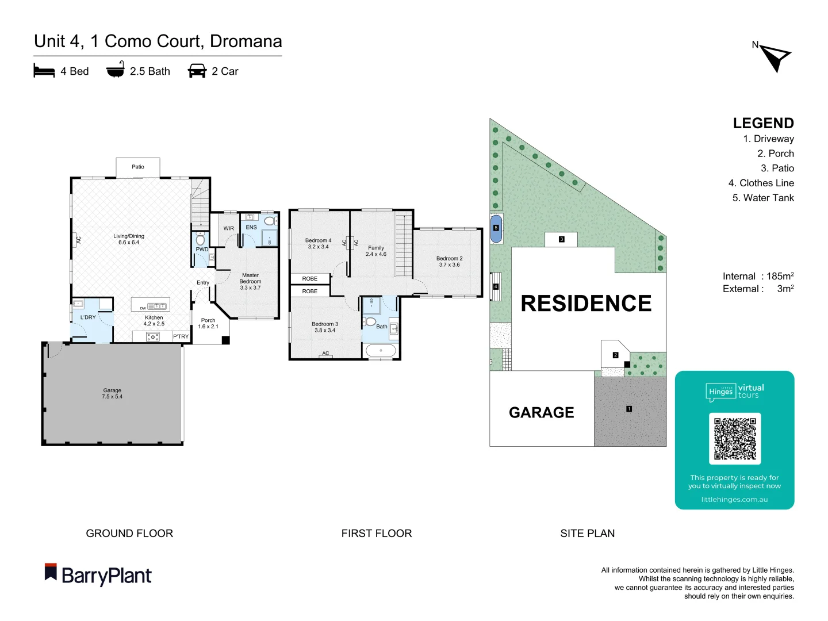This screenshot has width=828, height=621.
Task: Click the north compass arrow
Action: click(776, 58)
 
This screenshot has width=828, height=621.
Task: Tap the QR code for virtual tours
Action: click(734, 438)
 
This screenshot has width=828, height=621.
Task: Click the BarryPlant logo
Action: click(98, 575)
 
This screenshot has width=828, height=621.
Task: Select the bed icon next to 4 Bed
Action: click(44, 71)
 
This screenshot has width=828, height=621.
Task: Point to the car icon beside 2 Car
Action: click(197, 71)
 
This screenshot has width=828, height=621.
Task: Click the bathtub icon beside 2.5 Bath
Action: click(115, 70)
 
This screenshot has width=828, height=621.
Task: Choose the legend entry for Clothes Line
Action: click(761, 183)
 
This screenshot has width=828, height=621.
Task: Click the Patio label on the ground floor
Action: click(138, 167)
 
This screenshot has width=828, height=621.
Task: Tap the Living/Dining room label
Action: click(129, 239)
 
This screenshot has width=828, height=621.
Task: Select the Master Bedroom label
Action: click(250, 281)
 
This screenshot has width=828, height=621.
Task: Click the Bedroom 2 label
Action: click(449, 262)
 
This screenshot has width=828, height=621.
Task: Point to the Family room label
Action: click(376, 251)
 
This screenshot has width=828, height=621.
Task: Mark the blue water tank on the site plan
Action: click(496, 228)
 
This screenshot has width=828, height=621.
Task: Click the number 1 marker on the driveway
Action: click(629, 409)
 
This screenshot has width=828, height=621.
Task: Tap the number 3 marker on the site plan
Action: click(562, 239)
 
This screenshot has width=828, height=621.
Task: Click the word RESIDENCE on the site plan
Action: click(586, 304)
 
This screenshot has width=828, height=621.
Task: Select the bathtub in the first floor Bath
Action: click(381, 351)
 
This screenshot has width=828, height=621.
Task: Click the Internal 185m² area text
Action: click(758, 276)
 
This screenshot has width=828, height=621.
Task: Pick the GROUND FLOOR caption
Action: click(129, 533)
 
